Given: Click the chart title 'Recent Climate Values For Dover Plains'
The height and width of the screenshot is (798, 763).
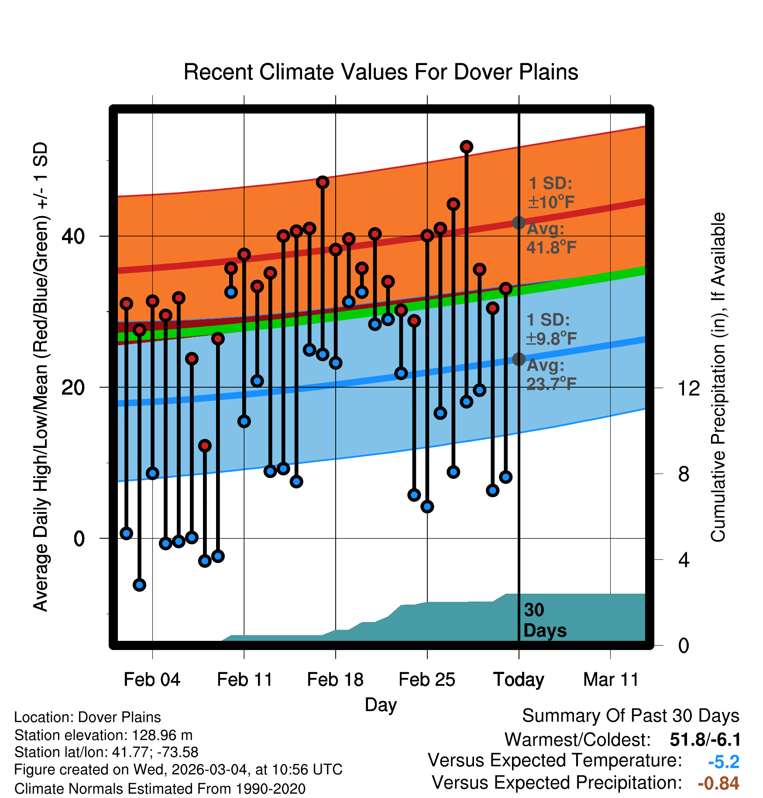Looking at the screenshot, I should (x=381, y=72).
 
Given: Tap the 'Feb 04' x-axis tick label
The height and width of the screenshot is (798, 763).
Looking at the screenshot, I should (x=152, y=680).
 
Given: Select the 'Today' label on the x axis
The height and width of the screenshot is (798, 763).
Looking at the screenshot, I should (x=519, y=680).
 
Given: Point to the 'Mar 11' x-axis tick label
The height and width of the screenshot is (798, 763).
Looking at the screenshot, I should (x=611, y=680).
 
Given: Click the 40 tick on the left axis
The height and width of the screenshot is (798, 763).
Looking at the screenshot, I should (x=73, y=236).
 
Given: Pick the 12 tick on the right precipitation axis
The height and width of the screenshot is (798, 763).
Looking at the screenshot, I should (x=688, y=388).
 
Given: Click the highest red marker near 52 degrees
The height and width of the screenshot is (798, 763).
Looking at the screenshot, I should (x=466, y=147).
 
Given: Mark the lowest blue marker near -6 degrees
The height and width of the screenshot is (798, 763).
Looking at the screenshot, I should (x=139, y=585).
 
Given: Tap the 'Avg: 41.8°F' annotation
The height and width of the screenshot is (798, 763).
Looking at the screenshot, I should (x=551, y=238).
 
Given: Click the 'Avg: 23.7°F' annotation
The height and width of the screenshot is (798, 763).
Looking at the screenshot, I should (x=551, y=375).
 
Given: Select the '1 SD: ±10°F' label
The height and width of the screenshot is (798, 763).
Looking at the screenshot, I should (x=551, y=193).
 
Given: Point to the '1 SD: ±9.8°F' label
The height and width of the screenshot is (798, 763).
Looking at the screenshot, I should (x=551, y=329).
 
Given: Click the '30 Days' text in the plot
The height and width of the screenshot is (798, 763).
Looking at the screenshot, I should (x=544, y=620).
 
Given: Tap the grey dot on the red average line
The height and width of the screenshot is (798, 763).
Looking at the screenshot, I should (x=519, y=223).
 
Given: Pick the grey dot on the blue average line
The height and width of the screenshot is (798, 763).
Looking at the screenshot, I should (x=519, y=359).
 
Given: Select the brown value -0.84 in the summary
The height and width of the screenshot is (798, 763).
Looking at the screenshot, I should (x=718, y=783).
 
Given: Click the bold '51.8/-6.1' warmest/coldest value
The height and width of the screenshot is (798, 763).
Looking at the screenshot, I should (x=705, y=740).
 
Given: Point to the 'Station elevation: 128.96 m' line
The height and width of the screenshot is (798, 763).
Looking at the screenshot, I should (x=103, y=735).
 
